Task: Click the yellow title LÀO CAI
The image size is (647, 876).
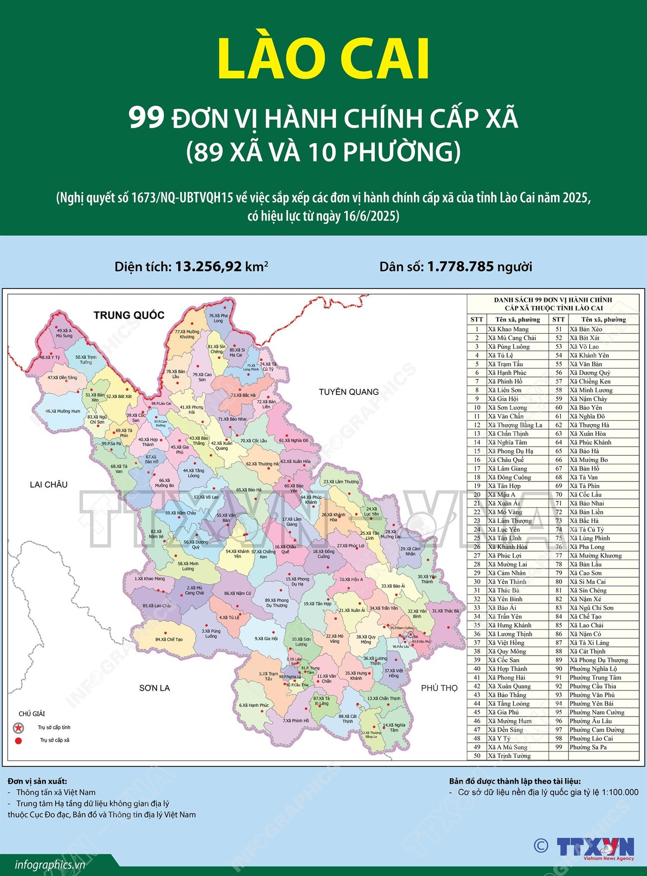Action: coord(323,59)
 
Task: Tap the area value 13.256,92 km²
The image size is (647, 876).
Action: coord(221,267)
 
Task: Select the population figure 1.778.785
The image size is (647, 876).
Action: coord(460,267)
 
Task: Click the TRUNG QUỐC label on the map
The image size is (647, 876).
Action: coord(129,315)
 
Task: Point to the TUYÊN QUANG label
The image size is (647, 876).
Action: coord(348,392)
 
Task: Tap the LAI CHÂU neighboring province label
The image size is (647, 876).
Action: coord(48,485)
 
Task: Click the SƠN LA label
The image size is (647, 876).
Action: coord(154,688)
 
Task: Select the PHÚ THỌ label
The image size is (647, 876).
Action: coord(439,688)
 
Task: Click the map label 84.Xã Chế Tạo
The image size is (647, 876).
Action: coord(169,639)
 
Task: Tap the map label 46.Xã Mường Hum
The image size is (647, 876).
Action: coord(63,411)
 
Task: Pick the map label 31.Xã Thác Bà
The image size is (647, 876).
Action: coord(445,611)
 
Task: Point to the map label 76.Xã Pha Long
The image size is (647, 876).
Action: coord(218,318)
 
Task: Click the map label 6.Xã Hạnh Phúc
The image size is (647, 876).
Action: coord(254,705)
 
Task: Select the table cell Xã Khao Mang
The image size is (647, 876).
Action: coord(508,329)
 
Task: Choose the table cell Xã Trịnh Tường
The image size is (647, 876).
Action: coord(509,756)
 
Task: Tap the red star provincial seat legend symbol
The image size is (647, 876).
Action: coord(18,728)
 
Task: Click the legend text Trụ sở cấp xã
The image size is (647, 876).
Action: coord(55,740)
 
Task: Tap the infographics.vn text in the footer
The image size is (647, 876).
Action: coord(50,865)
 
